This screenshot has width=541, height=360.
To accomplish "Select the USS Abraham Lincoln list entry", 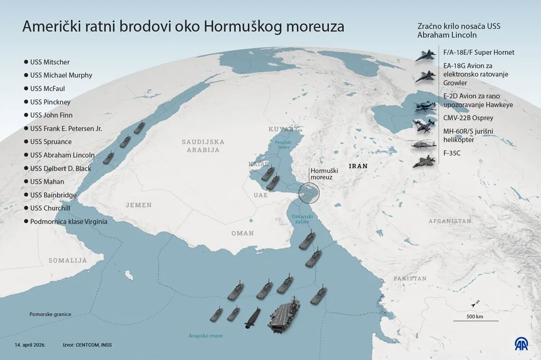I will pyautogui.click(x=62, y=155).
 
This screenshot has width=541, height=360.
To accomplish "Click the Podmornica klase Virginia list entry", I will pyautogui.click(x=68, y=222).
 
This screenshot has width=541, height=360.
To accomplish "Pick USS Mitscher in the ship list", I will pyautogui.click(x=50, y=62).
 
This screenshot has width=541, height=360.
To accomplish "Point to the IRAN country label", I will pyautogui.click(x=358, y=166).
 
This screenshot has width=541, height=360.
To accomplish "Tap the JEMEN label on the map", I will pyautogui.click(x=139, y=205).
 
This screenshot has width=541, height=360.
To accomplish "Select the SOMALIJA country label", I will pyautogui.click(x=68, y=260).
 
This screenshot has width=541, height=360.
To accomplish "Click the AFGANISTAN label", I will pyautogui.click(x=450, y=221).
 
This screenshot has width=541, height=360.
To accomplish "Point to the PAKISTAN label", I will pyautogui.click(x=410, y=278).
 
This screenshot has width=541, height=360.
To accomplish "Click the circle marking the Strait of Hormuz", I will pyautogui.click(x=309, y=192).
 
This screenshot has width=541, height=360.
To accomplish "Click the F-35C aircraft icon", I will pyautogui.click(x=424, y=161).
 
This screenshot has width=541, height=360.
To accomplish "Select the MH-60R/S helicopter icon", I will pyautogui.click(x=424, y=145).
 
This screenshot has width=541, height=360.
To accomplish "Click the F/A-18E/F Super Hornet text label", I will pyautogui.click(x=479, y=52).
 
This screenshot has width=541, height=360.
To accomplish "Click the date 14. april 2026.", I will pyautogui.click(x=30, y=345).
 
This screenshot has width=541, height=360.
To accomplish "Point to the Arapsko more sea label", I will pyautogui.click(x=206, y=336).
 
